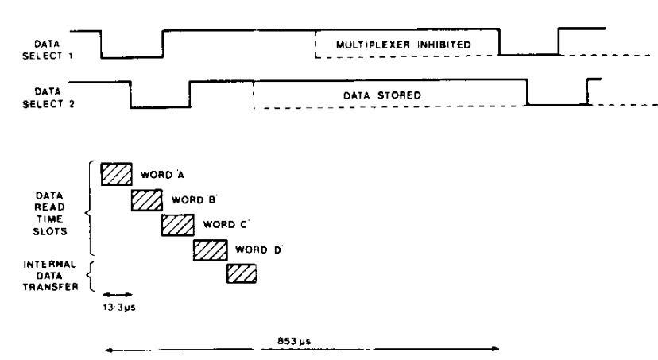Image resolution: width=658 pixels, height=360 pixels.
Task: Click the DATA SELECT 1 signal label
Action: click(48, 49)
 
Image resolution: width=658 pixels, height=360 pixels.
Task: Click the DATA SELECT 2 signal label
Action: click(48, 98)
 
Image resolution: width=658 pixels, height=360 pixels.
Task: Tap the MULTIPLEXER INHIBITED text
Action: click(403, 45)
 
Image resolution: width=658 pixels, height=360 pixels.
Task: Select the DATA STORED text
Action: click(382, 95)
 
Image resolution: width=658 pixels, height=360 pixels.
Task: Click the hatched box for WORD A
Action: click(117, 174)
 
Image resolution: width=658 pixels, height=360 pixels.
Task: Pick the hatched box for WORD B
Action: click(147, 200)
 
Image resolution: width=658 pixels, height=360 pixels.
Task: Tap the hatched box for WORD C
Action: click(178, 225)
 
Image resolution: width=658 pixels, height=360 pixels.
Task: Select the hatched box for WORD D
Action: click(211, 250)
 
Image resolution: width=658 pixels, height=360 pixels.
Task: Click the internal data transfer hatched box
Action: click(242, 273)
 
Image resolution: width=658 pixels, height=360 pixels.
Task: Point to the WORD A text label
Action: click(162, 175)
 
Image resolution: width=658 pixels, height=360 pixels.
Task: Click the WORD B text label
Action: click(194, 199)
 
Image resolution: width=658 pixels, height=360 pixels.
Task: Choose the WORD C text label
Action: click(226, 224)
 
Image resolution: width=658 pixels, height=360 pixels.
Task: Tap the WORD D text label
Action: click(258, 250)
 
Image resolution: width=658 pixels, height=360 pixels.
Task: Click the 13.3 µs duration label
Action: click(119, 307)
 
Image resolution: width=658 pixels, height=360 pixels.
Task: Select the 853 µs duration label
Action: click(294, 341)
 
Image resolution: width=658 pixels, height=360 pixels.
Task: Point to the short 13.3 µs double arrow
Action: click(117, 295)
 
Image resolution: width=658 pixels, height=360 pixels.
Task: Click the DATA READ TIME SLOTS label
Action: click(49, 213)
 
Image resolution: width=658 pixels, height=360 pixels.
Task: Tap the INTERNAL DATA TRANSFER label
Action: click(50, 275)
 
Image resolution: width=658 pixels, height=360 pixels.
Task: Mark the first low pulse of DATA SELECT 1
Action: click(132, 57)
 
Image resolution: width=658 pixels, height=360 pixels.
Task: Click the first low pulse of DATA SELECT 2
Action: click(160, 107)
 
